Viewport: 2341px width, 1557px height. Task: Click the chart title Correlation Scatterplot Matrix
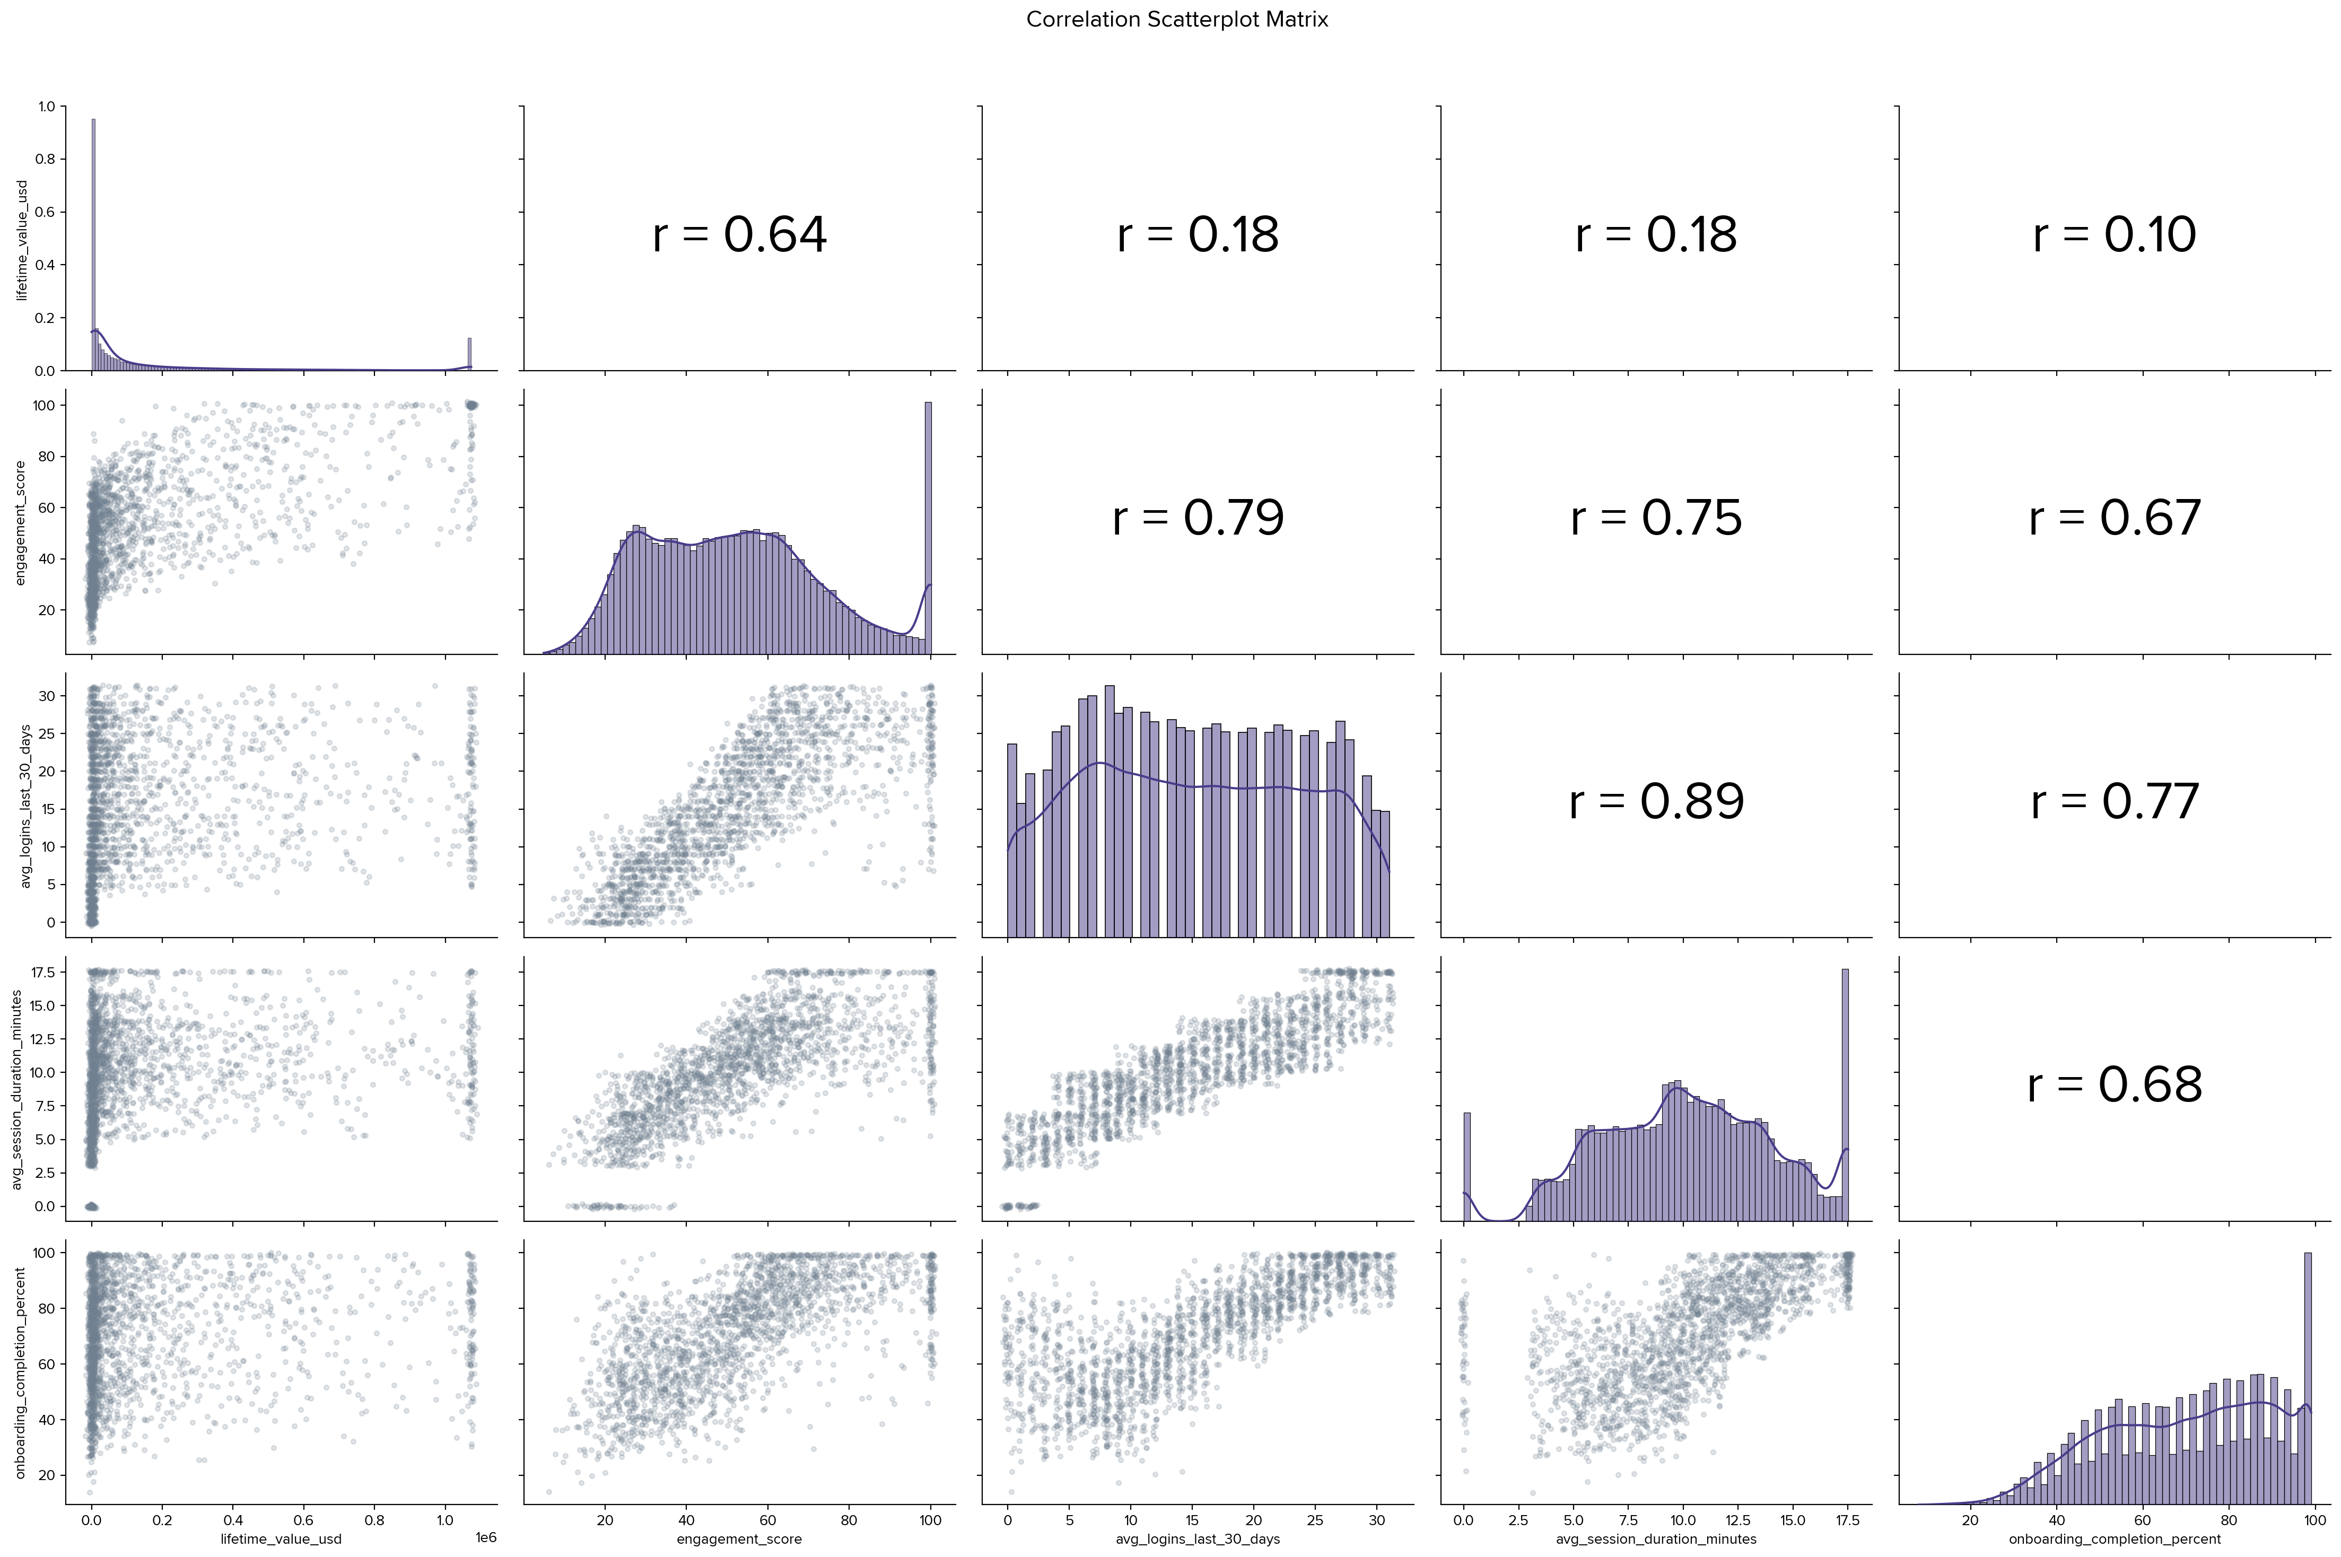click(1176, 20)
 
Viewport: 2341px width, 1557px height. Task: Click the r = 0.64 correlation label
click(740, 235)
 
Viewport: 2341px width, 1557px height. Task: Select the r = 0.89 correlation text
click(1656, 801)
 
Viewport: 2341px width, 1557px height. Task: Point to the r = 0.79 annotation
click(1198, 518)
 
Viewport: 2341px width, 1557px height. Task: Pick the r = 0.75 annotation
click(1656, 518)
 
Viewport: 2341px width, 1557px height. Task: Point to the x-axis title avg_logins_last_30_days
click(1198, 1539)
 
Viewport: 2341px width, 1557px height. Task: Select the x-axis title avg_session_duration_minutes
click(1656, 1539)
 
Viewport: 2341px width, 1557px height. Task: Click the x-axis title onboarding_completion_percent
click(2115, 1539)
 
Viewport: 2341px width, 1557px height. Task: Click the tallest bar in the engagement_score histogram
click(928, 526)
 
